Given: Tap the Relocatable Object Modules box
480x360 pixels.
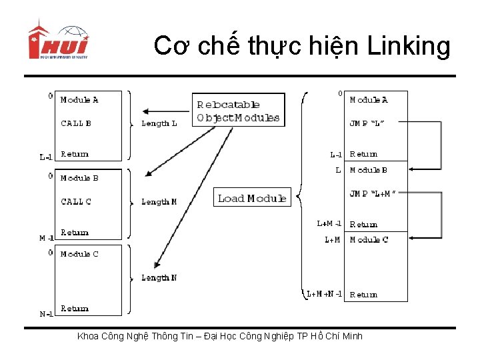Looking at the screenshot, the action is click(238, 111).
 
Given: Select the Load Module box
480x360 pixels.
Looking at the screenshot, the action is click(252, 198).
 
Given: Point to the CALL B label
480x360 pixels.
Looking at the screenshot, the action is click(76, 123).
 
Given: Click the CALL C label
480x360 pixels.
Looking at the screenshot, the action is click(76, 201).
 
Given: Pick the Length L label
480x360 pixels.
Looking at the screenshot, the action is click(159, 123).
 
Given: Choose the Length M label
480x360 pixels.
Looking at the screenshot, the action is click(159, 201).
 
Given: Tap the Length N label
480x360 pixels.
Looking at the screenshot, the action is click(159, 277).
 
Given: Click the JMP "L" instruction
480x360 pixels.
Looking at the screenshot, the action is click(367, 123).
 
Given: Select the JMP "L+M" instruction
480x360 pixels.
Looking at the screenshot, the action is click(373, 193).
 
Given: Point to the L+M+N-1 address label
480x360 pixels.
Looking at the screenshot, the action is click(324, 294).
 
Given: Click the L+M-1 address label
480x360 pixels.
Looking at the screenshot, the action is click(329, 224).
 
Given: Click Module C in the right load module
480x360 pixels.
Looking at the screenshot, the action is click(369, 239).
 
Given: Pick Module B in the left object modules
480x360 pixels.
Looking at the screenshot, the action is click(79, 178).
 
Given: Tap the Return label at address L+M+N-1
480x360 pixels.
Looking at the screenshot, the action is click(363, 294).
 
